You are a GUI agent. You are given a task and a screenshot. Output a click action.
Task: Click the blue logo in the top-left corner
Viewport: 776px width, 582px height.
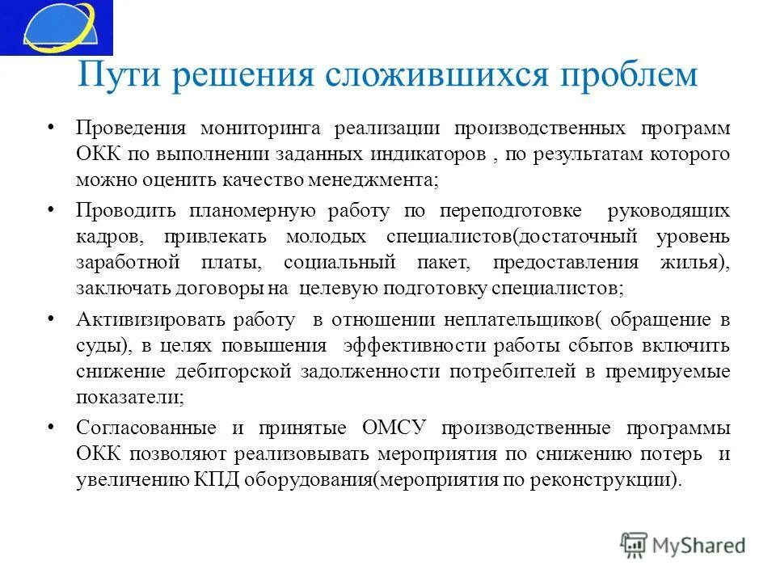pyautogui.click(x=56, y=27)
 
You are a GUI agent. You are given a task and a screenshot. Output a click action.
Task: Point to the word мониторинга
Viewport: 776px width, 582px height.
pyautogui.click(x=259, y=129)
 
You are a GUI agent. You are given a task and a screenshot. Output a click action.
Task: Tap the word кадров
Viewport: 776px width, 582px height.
pyautogui.click(x=111, y=238)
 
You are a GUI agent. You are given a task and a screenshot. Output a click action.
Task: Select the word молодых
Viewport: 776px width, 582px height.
pyautogui.click(x=323, y=238)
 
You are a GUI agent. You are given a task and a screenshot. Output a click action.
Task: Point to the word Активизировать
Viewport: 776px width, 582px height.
pyautogui.click(x=145, y=320)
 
